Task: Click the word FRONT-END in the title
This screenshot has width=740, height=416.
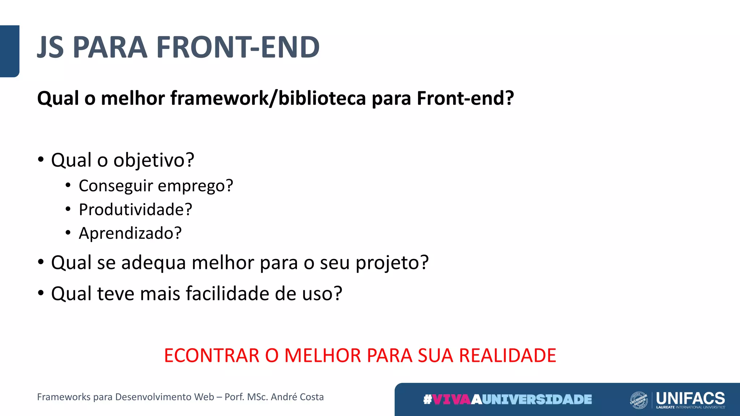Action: (x=238, y=47)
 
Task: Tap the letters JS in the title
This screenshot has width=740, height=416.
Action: (x=51, y=47)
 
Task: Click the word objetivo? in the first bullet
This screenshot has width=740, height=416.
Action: (x=154, y=160)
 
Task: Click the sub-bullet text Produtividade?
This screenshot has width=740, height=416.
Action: (x=135, y=209)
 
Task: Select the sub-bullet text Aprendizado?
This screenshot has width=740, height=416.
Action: (x=130, y=233)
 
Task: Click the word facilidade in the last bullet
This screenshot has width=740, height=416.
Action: (x=228, y=293)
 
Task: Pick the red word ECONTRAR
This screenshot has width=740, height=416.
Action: (x=212, y=355)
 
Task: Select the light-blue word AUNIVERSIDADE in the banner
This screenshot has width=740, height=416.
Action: (x=532, y=399)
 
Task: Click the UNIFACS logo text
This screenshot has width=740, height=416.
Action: (x=690, y=398)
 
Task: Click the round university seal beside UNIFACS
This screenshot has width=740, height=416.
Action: (x=639, y=400)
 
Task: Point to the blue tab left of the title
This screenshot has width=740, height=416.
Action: (x=9, y=51)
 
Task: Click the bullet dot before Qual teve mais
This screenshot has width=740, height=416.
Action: (x=41, y=293)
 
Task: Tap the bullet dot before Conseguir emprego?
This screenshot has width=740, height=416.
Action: (x=68, y=186)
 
